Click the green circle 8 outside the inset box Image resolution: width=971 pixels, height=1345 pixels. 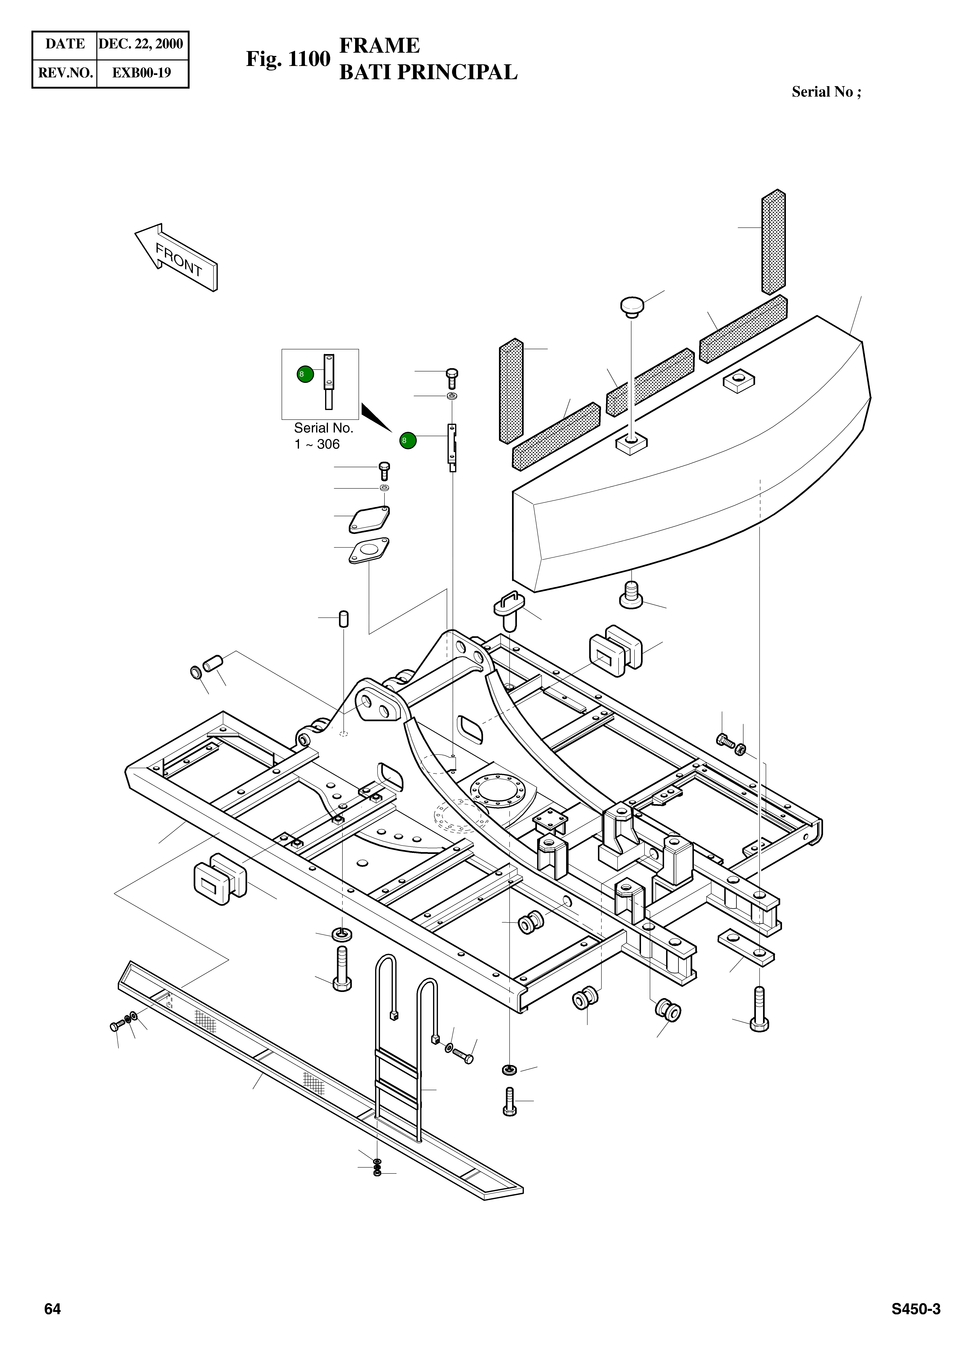click(x=408, y=441)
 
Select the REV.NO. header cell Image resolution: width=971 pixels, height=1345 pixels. click(x=65, y=72)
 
